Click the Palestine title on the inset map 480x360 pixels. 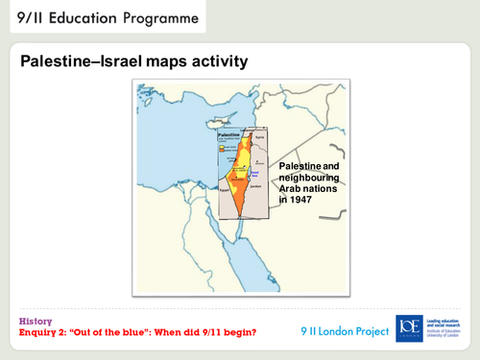pos(228,135)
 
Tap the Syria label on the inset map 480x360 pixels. pos(257,134)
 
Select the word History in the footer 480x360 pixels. pos(36,321)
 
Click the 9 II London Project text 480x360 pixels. pos(346,331)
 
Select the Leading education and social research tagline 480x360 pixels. pos(447,324)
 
